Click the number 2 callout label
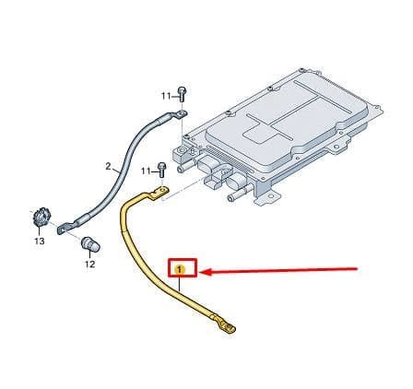coord(108,167)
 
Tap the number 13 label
coord(40,242)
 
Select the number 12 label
coord(89,264)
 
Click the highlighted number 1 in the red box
coord(180,270)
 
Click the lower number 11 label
coord(146,171)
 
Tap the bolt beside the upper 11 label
coord(183,94)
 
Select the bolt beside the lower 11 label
coord(161,170)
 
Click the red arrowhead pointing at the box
coord(206,272)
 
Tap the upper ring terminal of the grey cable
coord(182,114)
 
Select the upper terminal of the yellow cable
coord(160,192)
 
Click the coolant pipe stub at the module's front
coord(234,196)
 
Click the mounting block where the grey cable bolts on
coord(182,152)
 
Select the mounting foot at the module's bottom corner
coord(269,197)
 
